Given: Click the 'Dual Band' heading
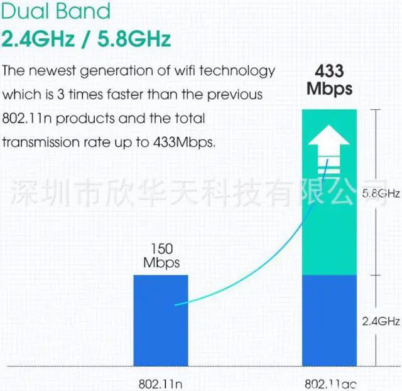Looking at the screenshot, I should click(57, 11).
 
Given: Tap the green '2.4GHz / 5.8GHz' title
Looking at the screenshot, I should click(86, 39).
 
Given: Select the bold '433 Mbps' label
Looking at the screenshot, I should click(329, 80).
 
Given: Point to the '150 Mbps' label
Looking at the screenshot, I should click(161, 256).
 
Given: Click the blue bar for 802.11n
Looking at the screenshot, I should click(161, 320).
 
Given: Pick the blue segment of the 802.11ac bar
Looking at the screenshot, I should click(330, 320).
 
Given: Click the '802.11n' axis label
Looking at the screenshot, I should click(161, 382).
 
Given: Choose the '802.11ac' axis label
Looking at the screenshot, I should click(330, 382).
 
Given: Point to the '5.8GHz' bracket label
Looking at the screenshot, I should click(381, 194).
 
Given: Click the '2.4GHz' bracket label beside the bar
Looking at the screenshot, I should click(381, 322).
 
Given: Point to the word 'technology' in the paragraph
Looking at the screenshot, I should click(241, 71).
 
